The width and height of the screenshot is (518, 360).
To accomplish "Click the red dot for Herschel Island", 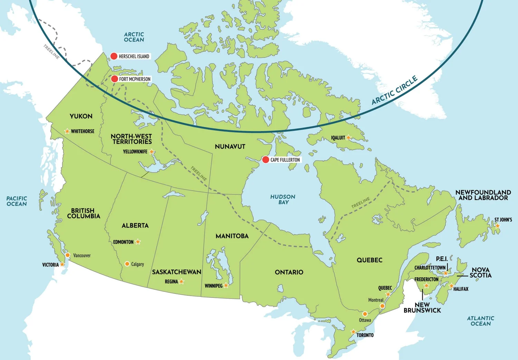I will coord(114,56).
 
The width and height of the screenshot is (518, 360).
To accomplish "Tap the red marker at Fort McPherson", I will coord(115,79).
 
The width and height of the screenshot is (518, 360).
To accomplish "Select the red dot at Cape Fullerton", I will coord(265,159).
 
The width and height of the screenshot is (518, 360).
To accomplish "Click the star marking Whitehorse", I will coord(67,131).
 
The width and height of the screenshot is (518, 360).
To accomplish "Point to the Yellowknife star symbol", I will coord(152,152).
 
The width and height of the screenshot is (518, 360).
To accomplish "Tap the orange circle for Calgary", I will coord(127,264).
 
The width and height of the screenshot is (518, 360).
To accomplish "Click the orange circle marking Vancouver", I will coord(68,255).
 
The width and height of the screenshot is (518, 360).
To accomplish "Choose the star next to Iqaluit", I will coord(348,137).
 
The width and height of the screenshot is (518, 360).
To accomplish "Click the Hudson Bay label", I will coord(283,200).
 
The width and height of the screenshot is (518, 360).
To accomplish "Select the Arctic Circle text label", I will coord(394,90).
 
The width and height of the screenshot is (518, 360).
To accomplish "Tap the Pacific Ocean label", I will coord(17,201).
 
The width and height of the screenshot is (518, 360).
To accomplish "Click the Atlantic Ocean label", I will coord(480,321).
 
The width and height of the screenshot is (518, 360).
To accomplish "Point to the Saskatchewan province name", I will coord(176,272).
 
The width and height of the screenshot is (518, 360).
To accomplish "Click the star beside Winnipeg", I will coord(226,285).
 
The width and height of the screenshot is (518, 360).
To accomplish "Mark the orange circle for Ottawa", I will coord(365,314).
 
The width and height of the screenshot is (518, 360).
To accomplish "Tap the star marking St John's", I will coord(497,226).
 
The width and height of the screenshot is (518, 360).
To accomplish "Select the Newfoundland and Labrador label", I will coord(483,195).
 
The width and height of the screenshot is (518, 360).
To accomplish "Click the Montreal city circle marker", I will coord(382,306).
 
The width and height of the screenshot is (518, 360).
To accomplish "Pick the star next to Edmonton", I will coord(138,242).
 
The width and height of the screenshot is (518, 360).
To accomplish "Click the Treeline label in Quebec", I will coord(361,203).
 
